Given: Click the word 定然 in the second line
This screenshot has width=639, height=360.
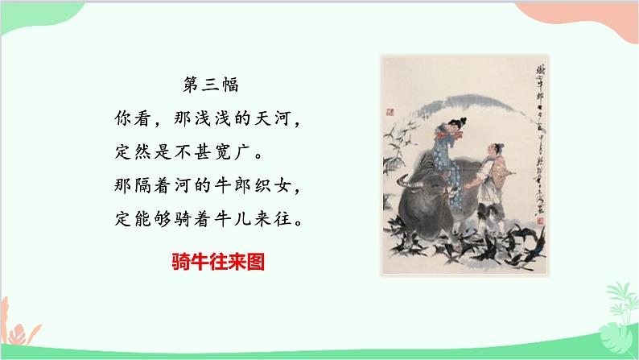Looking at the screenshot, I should tap(127, 151).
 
